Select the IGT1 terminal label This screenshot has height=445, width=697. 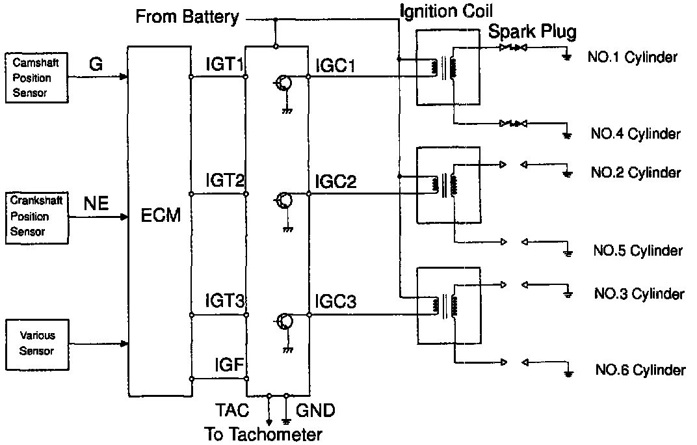pyautogui.click(x=224, y=65)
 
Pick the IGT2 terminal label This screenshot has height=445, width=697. pyautogui.click(x=225, y=180)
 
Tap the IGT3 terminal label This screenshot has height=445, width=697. pyautogui.click(x=225, y=302)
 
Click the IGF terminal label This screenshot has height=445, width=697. pyautogui.click(x=229, y=366)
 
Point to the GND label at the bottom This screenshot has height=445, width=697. pyautogui.click(x=315, y=411)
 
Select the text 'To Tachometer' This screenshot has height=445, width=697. pyautogui.click(x=263, y=433)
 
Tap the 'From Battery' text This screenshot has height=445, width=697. pyautogui.click(x=187, y=17)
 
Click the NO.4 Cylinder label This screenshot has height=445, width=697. pyautogui.click(x=635, y=135)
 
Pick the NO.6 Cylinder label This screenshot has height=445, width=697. pyautogui.click(x=640, y=370)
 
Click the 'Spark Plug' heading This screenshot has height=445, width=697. pyautogui.click(x=532, y=31)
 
